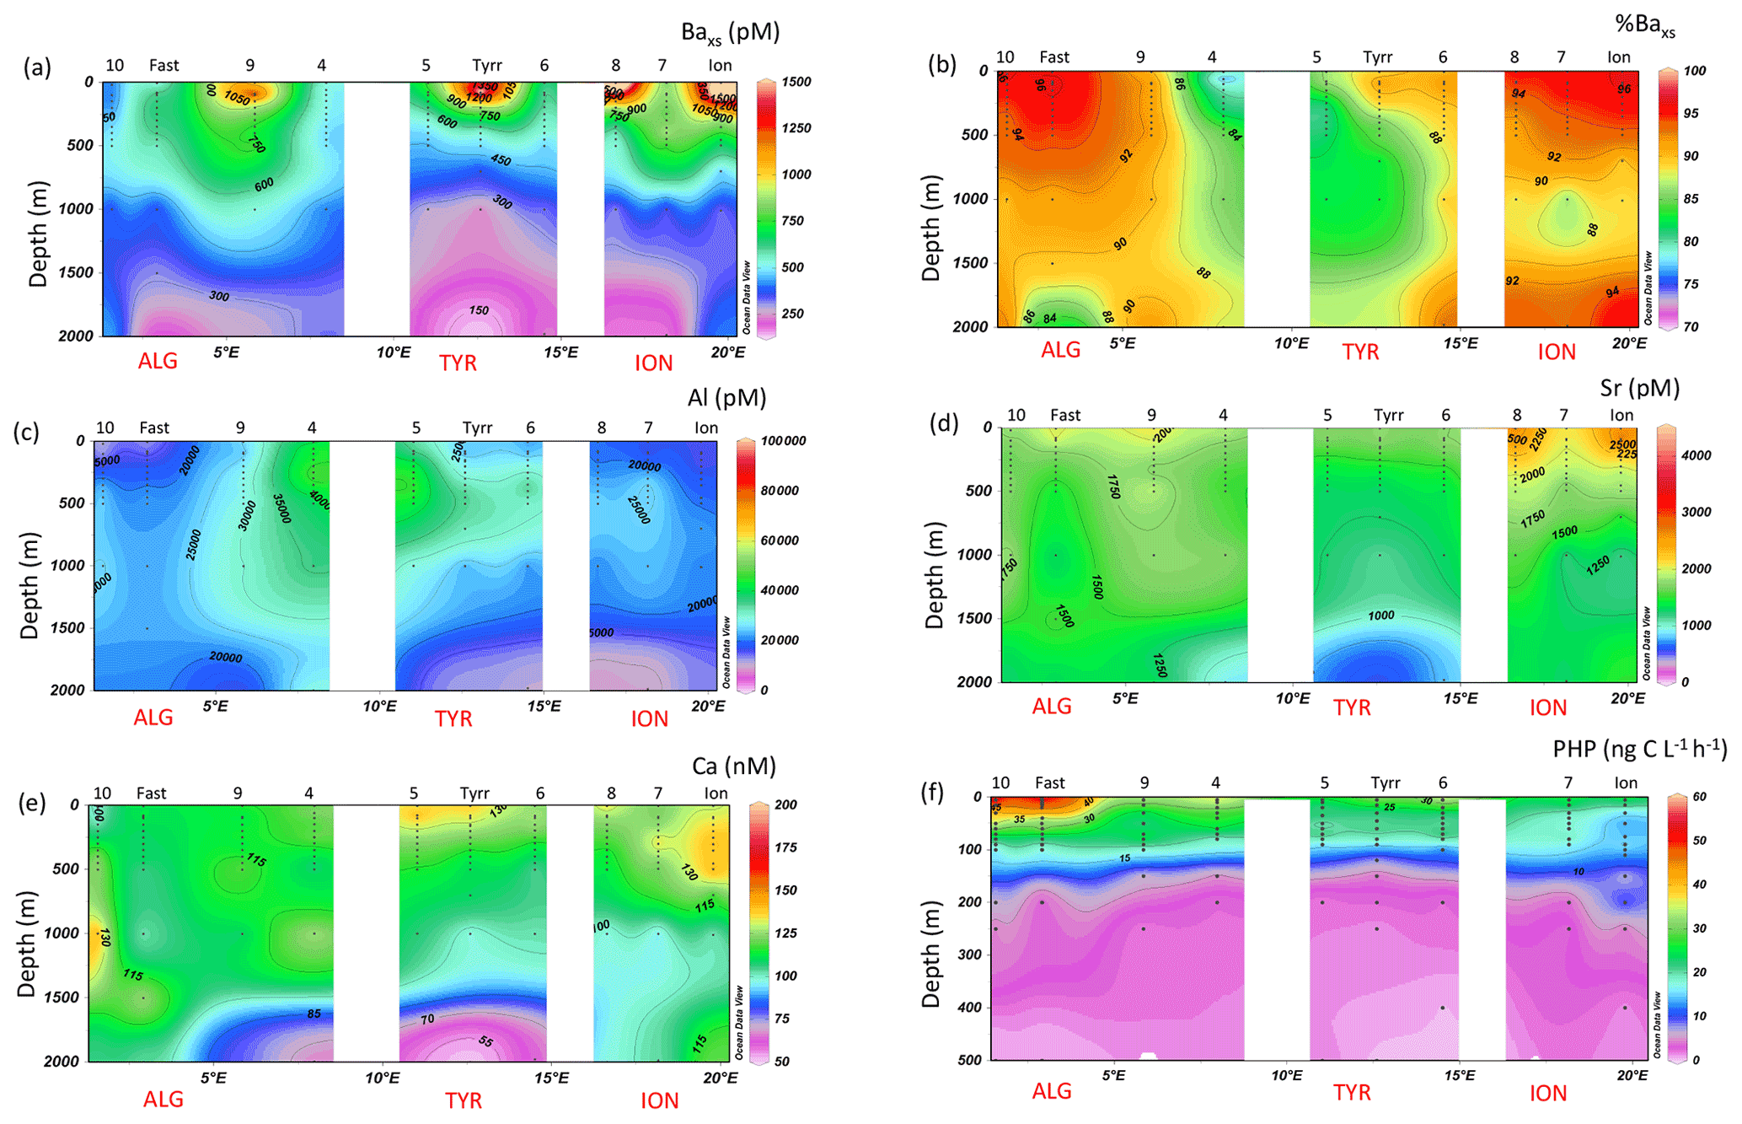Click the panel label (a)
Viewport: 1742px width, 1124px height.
coord(37,67)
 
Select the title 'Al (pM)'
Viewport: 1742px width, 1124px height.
coord(726,398)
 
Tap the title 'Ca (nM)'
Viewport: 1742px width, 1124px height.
coord(733,766)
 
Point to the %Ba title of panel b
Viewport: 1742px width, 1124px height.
coord(1644,25)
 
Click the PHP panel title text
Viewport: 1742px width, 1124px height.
coord(1639,748)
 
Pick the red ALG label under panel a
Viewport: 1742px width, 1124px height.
coord(158,362)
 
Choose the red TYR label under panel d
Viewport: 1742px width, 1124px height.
coord(1352,708)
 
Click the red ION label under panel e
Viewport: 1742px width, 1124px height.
coord(659,1100)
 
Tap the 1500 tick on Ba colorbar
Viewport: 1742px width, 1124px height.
coord(796,82)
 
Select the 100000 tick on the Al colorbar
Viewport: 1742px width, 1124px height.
coord(783,441)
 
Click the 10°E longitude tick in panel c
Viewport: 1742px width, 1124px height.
coord(379,707)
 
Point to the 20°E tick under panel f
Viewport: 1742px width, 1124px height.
coord(1632,1075)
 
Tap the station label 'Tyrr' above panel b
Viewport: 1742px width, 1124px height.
coord(1377,57)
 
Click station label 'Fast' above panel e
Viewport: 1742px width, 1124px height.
coord(151,793)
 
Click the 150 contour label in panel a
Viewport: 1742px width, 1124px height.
coord(479,310)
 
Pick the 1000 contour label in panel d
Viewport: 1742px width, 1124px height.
coord(1380,616)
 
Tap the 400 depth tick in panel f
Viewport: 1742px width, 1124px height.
coord(970,1007)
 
